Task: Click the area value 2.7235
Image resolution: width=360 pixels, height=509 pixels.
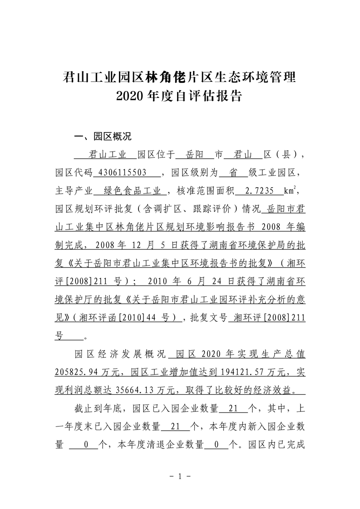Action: (259, 191)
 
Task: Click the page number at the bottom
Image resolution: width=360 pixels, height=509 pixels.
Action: (180, 476)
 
